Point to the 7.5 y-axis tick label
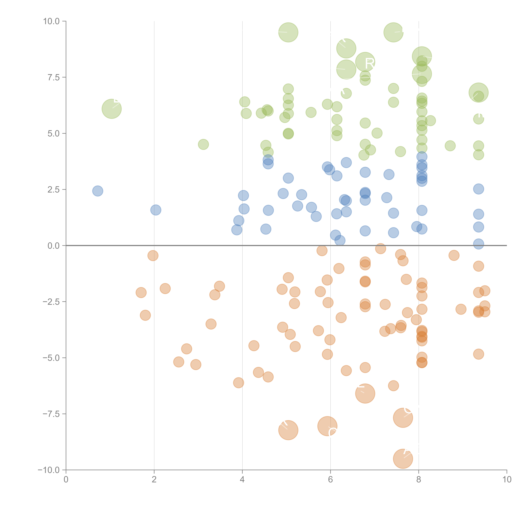(54, 77)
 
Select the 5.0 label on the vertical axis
(54, 133)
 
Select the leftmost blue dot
(98, 191)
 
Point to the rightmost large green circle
(478, 92)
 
